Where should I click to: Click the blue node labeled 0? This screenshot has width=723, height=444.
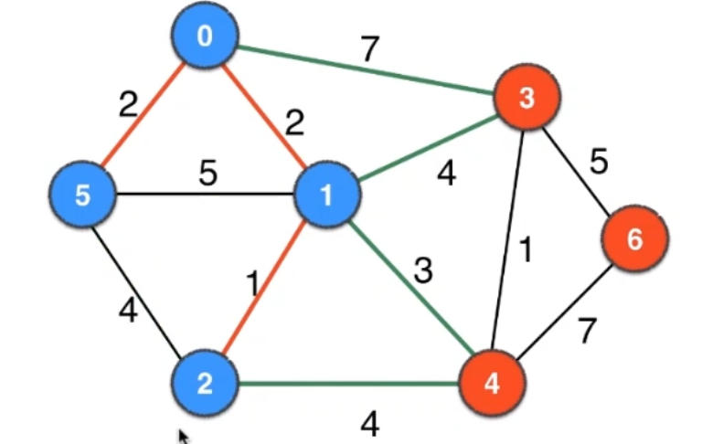click(205, 37)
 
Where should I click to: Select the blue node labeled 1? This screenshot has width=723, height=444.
click(325, 194)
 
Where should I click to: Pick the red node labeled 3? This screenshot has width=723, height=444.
click(526, 99)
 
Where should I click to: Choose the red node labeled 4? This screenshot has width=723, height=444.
click(492, 382)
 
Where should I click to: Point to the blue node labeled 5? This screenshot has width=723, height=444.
click(82, 195)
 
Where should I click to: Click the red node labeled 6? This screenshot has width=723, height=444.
click(634, 239)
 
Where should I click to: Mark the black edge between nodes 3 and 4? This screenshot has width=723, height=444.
click(510, 239)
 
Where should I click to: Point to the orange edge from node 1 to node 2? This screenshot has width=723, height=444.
click(265, 288)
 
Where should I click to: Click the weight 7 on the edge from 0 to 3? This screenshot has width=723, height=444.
click(369, 50)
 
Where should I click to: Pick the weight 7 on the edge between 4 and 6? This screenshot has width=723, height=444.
click(586, 332)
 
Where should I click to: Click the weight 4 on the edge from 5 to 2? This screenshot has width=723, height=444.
click(128, 311)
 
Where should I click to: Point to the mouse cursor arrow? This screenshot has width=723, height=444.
click(184, 438)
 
